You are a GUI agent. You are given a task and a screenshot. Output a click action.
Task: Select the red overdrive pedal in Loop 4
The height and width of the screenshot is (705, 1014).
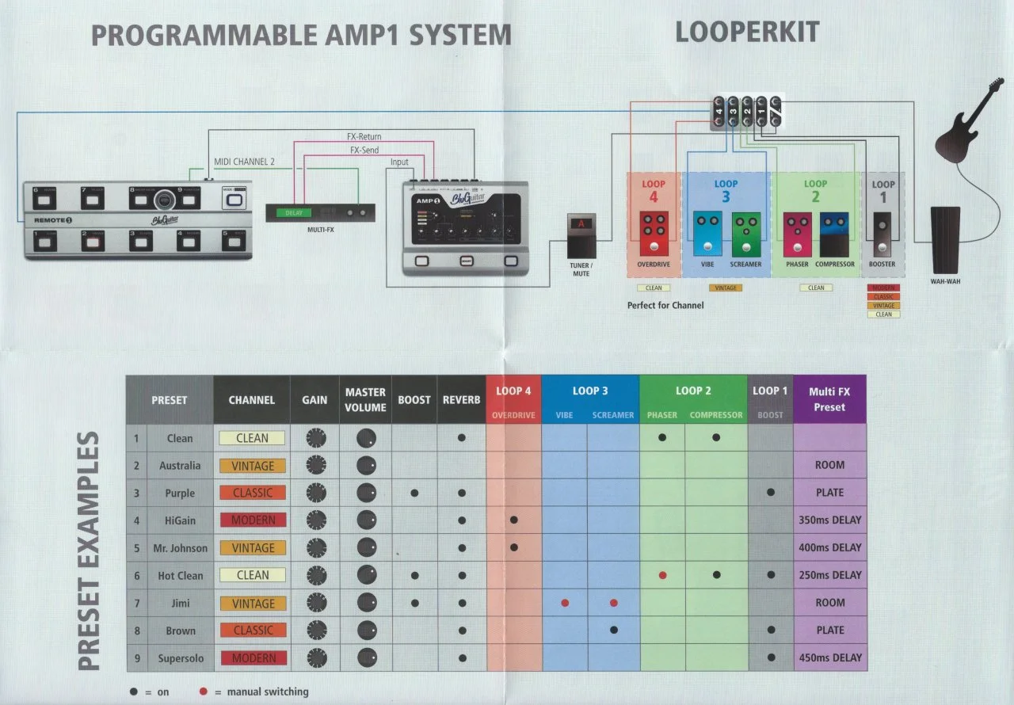pos(653,234)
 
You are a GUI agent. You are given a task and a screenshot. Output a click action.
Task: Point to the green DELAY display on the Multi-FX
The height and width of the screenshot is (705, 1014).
pos(295,212)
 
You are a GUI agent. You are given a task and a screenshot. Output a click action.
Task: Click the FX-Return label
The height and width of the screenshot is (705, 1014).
pos(364,137)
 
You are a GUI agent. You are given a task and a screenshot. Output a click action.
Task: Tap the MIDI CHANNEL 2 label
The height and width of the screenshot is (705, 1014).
pos(244,162)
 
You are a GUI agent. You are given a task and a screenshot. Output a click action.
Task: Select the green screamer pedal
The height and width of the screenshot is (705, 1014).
pos(746,234)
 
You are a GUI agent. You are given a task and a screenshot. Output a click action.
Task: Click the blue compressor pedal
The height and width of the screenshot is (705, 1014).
pos(835,234)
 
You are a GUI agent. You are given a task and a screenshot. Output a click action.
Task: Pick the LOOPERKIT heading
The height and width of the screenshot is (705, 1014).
pos(747,32)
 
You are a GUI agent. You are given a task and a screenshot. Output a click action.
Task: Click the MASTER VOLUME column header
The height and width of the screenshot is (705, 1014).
pos(365,400)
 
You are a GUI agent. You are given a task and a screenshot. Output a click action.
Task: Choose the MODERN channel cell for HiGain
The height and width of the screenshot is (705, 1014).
pos(253,520)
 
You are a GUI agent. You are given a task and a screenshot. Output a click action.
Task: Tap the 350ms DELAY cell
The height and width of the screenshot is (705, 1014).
pos(829,520)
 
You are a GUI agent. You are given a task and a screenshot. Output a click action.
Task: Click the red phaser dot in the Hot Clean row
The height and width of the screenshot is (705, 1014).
pos(662,575)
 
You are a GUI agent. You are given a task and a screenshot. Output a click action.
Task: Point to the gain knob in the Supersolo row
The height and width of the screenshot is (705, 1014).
pos(315,657)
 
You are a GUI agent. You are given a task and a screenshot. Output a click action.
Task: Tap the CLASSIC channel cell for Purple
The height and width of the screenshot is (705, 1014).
pos(253,493)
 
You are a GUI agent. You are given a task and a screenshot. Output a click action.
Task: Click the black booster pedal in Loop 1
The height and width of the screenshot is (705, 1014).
pos(882,234)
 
